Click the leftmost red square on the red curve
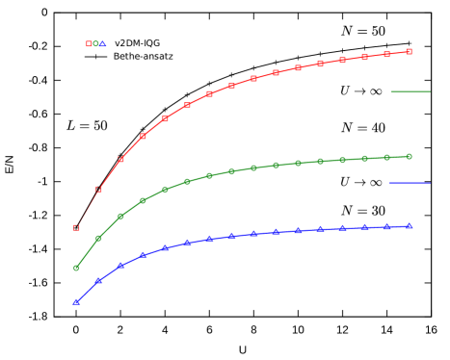coord(76,227)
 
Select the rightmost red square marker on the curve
coord(409,51)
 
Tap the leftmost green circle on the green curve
coord(76,268)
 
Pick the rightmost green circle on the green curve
coord(409,156)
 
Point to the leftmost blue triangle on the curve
coord(76,302)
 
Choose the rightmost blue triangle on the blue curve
coord(409,226)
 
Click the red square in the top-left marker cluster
coord(89,43)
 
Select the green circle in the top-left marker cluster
coord(95,43)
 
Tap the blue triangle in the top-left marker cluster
coord(103,43)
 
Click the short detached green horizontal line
coord(410,91)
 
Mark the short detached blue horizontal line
coord(410,182)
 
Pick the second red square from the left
coord(98,189)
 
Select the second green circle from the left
coord(98,238)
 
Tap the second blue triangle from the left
coord(98,280)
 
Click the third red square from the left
coord(120,159)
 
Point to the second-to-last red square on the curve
coord(386,54)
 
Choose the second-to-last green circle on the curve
coord(386,157)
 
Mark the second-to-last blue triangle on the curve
coord(386,227)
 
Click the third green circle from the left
coord(120,216)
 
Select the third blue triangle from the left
coord(120,265)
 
